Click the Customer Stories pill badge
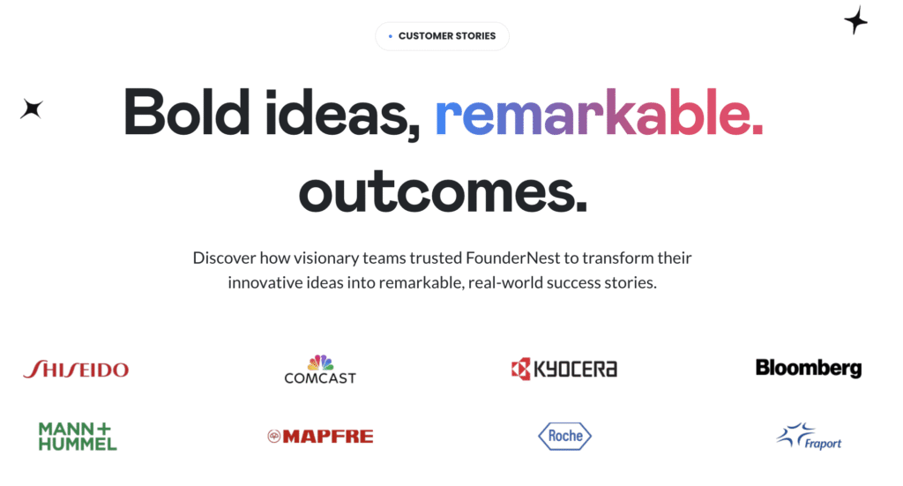442,35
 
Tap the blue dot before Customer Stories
391,36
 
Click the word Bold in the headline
187,112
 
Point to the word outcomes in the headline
443,191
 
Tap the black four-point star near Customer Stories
855,21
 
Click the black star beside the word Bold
32,108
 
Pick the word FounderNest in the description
512,258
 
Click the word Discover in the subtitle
224,258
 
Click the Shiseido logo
76,369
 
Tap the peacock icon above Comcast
320,363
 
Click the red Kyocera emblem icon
520,369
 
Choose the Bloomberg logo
809,368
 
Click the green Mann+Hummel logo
78,436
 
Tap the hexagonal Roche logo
565,436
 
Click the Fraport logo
809,436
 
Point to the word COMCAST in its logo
320,378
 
